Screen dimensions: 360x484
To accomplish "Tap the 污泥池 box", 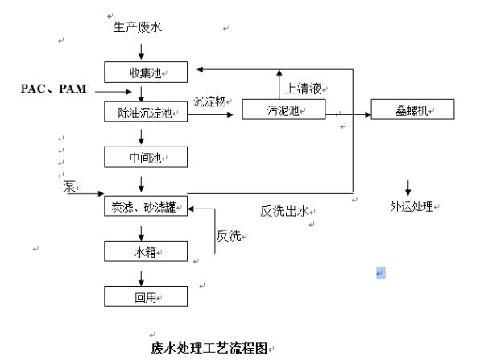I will (283, 110).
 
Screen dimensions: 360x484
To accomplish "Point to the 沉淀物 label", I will (210, 102).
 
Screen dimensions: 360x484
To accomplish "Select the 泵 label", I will (69, 186).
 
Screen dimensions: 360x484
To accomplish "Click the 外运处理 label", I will (412, 207).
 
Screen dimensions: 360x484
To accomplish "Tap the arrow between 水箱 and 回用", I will (142, 275).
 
